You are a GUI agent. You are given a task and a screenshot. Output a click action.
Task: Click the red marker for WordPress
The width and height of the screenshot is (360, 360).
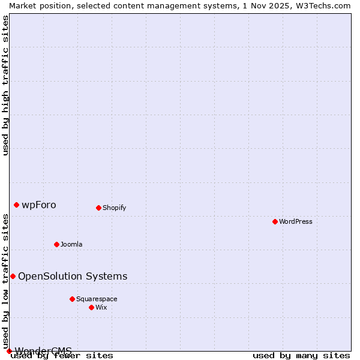pos(275,221)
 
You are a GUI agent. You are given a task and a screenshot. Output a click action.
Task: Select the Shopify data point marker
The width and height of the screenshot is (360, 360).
pos(98,208)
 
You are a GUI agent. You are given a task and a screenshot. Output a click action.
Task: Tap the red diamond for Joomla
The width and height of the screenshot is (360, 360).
pos(56,244)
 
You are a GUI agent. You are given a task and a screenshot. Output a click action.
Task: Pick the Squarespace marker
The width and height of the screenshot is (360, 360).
pos(72,299)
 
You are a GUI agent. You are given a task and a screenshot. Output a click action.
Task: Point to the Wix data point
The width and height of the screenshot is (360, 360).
pos(91,307)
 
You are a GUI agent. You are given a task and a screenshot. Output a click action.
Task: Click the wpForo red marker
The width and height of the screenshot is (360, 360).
pos(16,205)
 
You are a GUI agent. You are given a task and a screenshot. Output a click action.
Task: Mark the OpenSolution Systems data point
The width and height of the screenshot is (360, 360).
pos(13,276)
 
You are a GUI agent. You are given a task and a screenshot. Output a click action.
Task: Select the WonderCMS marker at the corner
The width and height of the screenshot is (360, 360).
pos(9,351)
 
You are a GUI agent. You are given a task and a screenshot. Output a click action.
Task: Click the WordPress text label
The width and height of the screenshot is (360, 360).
pos(296,221)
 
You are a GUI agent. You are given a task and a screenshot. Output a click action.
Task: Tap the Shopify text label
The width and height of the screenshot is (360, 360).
pos(114,208)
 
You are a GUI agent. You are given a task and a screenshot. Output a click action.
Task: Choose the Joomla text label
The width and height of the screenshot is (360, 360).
pos(71,244)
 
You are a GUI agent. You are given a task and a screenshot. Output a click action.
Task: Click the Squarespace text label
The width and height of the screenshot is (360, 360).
pos(97,299)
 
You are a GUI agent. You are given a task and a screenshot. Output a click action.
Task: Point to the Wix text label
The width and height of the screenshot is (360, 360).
pos(101,307)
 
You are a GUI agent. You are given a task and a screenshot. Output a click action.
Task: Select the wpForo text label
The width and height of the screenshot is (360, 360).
pos(39,205)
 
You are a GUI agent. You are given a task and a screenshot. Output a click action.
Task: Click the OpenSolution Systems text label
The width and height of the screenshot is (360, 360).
pos(73,276)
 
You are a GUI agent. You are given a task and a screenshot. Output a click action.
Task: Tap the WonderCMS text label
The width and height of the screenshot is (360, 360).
pos(43,350)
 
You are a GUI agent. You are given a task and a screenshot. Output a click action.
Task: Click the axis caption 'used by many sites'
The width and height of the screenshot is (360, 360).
pos(301,356)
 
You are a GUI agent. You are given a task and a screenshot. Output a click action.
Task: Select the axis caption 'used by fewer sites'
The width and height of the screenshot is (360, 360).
pos(62,356)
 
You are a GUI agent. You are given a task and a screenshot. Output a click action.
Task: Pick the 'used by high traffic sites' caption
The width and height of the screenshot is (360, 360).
pos(6,85)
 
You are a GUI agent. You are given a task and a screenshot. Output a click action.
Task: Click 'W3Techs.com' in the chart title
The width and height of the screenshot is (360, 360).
pos(322,5)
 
